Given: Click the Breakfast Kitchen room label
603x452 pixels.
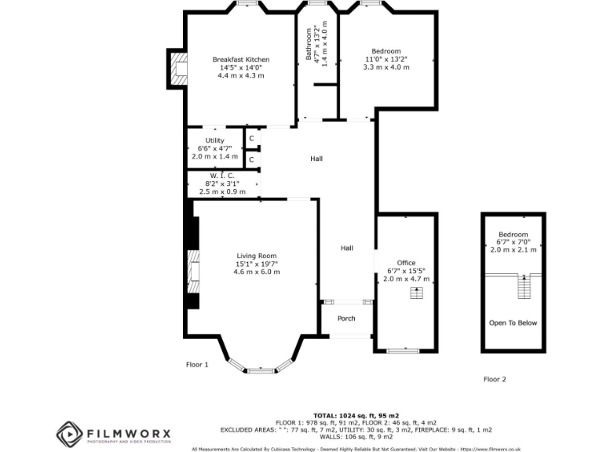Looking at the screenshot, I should click(241, 60).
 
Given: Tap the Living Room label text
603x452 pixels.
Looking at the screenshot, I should click(257, 256).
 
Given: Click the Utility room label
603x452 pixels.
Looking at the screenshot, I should click(214, 140).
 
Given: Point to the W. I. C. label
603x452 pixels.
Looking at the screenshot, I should click(222, 176).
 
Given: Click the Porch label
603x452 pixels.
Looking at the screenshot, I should click(346, 319).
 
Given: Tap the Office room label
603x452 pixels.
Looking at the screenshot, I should click(406, 263).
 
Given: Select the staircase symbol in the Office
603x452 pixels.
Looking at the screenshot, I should click(416, 293).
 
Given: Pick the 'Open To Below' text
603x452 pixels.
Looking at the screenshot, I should click(513, 323).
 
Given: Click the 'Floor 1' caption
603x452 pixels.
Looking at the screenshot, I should click(197, 365).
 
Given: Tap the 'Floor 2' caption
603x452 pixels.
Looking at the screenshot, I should click(495, 379).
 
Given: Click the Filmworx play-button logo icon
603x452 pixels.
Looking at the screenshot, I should click(69, 434).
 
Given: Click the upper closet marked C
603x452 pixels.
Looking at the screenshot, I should click(251, 139).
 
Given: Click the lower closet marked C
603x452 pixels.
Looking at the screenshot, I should click(251, 160).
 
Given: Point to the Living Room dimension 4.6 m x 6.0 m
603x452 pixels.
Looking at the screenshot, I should click(257, 272).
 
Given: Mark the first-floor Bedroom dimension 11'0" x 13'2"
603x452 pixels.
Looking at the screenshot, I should click(386, 60).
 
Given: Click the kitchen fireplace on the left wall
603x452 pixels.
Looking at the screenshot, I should click(179, 68).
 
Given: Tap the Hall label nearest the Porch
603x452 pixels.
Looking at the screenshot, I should click(346, 248).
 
